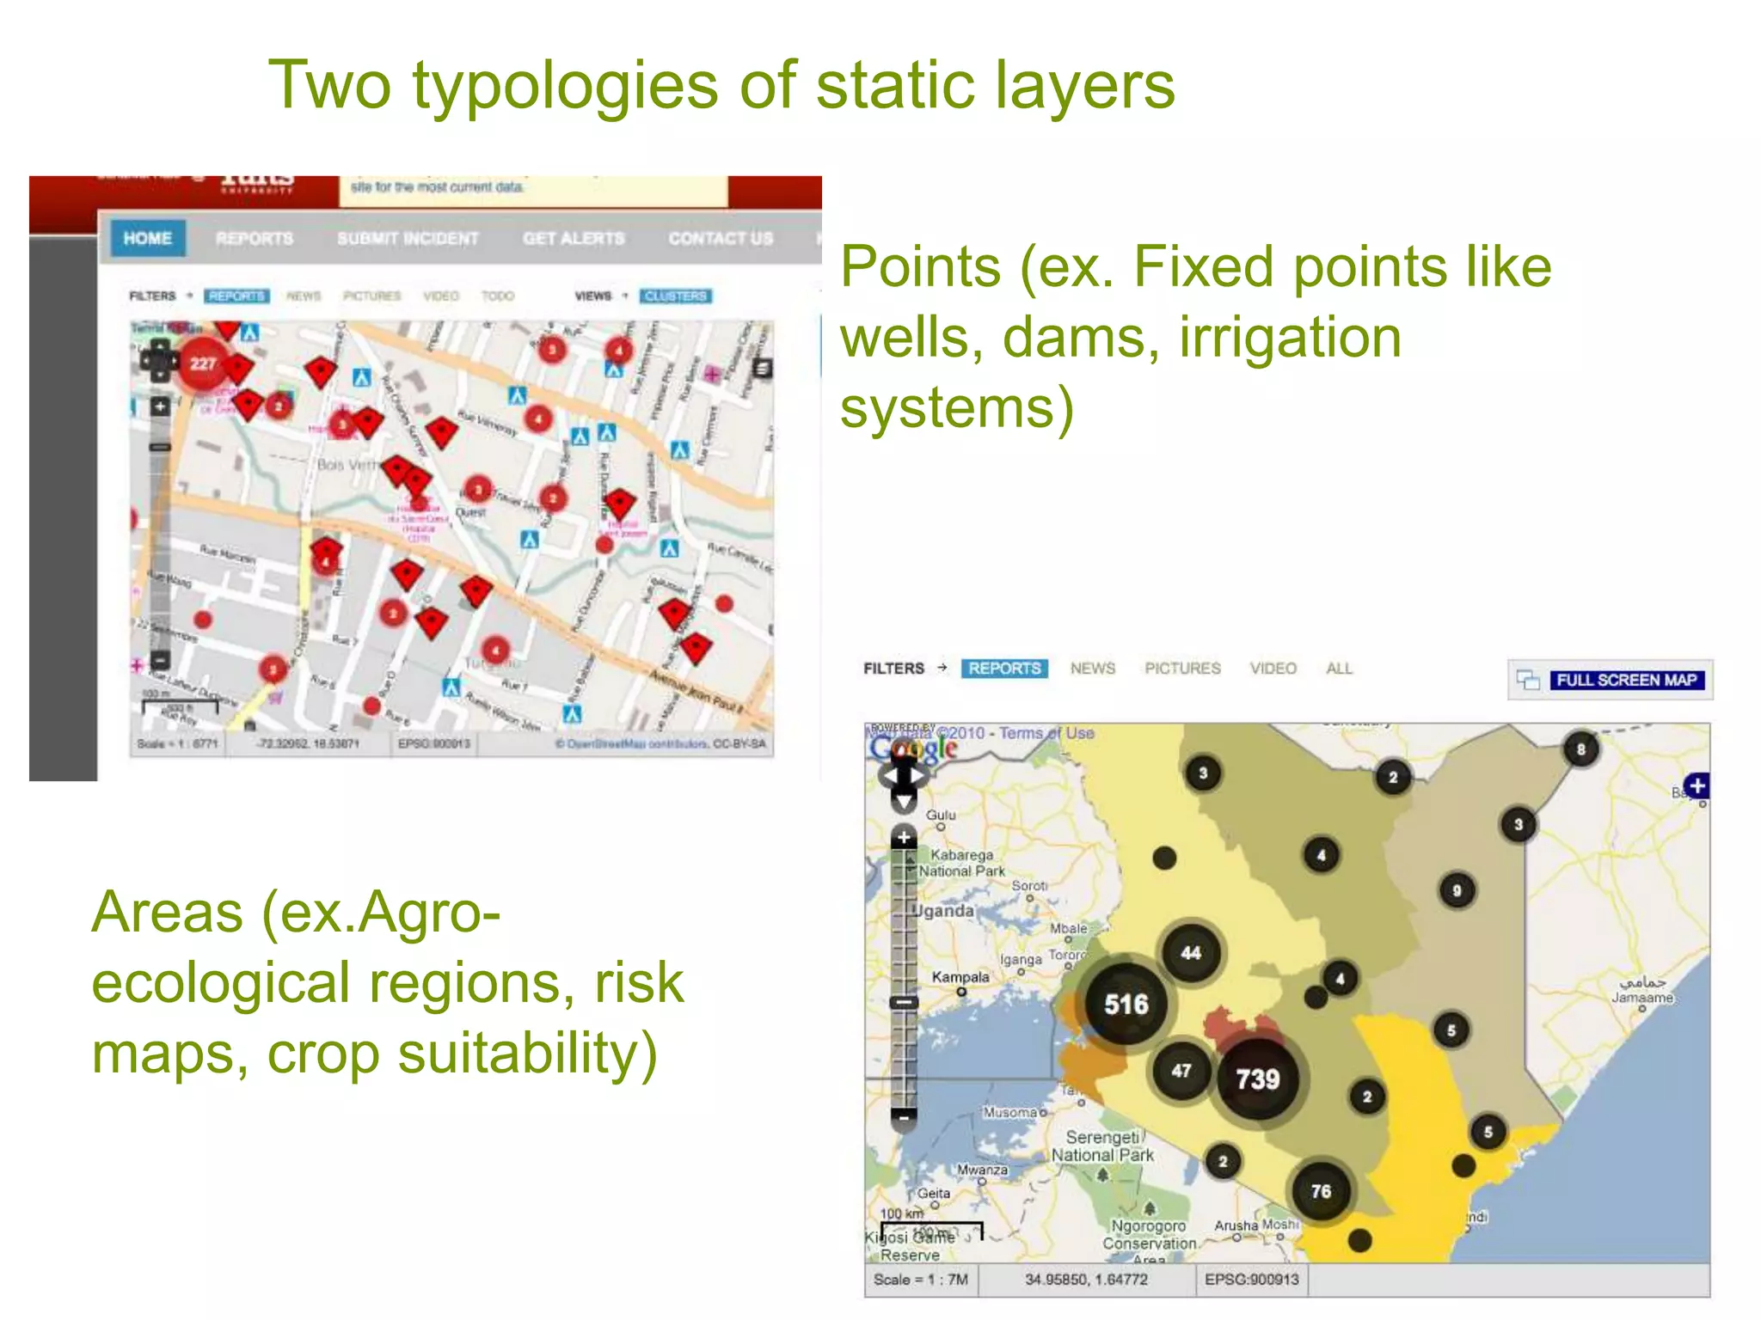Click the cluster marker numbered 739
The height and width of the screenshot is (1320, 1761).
pyautogui.click(x=1257, y=1079)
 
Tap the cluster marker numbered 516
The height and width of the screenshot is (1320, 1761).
pyautogui.click(x=1126, y=1004)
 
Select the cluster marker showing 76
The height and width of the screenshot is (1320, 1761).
pyautogui.click(x=1321, y=1191)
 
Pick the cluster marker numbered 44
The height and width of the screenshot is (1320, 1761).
pyautogui.click(x=1190, y=952)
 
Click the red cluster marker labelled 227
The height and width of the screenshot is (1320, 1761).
pyautogui.click(x=203, y=364)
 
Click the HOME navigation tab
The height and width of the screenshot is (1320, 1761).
pyautogui.click(x=147, y=238)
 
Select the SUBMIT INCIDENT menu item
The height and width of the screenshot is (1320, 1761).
pyautogui.click(x=408, y=238)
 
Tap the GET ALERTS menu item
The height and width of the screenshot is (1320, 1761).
pyautogui.click(x=574, y=238)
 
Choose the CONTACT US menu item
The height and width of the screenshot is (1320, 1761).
pyautogui.click(x=721, y=238)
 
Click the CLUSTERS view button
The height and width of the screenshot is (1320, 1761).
pyautogui.click(x=675, y=296)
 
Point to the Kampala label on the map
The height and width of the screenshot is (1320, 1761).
pyautogui.click(x=960, y=977)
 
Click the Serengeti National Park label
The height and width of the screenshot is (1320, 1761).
pyautogui.click(x=1102, y=1146)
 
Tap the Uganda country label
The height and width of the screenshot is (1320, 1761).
pyautogui.click(x=944, y=911)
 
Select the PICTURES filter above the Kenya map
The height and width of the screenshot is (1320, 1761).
pyautogui.click(x=1182, y=669)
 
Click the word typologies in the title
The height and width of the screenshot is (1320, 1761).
pyautogui.click(x=565, y=86)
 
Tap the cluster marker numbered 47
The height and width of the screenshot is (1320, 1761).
pyautogui.click(x=1181, y=1071)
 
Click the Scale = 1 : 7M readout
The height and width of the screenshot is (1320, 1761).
pyautogui.click(x=920, y=1280)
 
